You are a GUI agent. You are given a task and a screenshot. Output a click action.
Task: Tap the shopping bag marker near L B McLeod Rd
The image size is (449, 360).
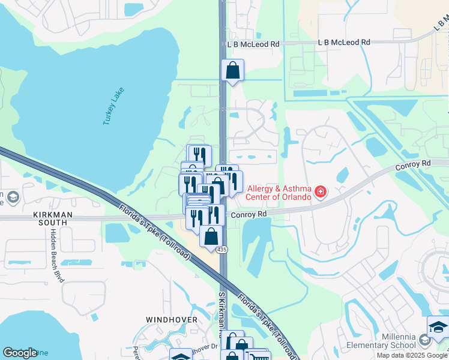[x=232, y=71]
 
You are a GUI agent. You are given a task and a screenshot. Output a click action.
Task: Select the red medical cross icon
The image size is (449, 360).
[x=321, y=192]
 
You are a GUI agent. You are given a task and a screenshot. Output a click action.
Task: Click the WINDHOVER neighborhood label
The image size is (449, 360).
[x=171, y=320]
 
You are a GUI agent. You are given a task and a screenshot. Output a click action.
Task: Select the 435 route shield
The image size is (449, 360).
[x=223, y=249]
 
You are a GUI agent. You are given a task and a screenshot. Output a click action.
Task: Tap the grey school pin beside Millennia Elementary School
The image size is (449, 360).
[x=424, y=341]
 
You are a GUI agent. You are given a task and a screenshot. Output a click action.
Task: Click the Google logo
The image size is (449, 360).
[x=20, y=353]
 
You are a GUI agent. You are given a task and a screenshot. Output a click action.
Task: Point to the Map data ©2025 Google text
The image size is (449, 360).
[x=412, y=355]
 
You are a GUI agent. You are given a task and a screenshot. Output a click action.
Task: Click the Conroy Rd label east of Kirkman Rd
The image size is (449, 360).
[x=249, y=214]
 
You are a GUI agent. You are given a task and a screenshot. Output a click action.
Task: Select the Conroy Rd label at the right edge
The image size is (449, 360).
[x=414, y=163]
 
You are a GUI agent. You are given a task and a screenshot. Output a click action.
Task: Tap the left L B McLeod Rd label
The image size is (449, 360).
[x=253, y=44]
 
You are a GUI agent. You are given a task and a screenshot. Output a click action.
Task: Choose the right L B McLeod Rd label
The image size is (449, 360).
[x=343, y=43]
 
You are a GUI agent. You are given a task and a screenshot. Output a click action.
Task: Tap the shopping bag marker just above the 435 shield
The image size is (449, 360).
[x=211, y=236]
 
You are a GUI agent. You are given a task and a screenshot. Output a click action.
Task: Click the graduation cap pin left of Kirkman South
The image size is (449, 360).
[x=11, y=197]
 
